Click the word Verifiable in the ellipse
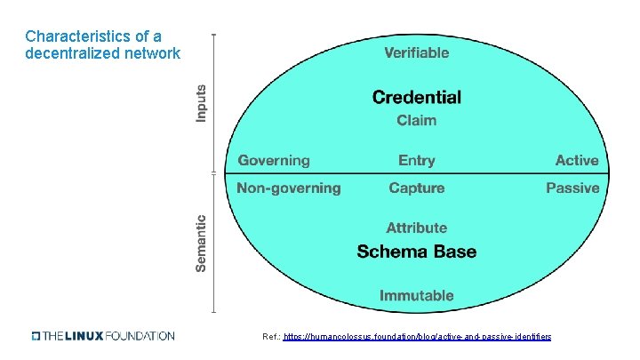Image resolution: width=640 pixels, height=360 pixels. (x=416, y=52)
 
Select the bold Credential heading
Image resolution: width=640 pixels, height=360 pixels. (x=416, y=97)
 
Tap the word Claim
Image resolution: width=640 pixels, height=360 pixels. (x=416, y=120)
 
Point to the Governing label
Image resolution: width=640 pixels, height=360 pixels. (x=274, y=161)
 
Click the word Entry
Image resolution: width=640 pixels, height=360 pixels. (x=416, y=161)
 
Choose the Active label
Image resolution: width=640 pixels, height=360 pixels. (x=577, y=161)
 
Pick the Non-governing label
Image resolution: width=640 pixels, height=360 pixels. (x=288, y=188)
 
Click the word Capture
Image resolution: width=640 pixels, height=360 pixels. (x=416, y=188)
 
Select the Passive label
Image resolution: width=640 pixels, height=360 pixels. (x=572, y=188)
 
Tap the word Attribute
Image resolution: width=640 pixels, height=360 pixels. (x=416, y=228)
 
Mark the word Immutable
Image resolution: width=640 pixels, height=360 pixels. (x=416, y=295)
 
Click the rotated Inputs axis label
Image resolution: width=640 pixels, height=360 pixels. (x=201, y=103)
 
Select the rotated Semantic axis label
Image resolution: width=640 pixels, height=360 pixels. (x=201, y=243)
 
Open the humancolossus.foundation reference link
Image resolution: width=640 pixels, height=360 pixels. (x=417, y=337)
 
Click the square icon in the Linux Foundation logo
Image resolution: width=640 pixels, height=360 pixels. (x=36, y=336)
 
